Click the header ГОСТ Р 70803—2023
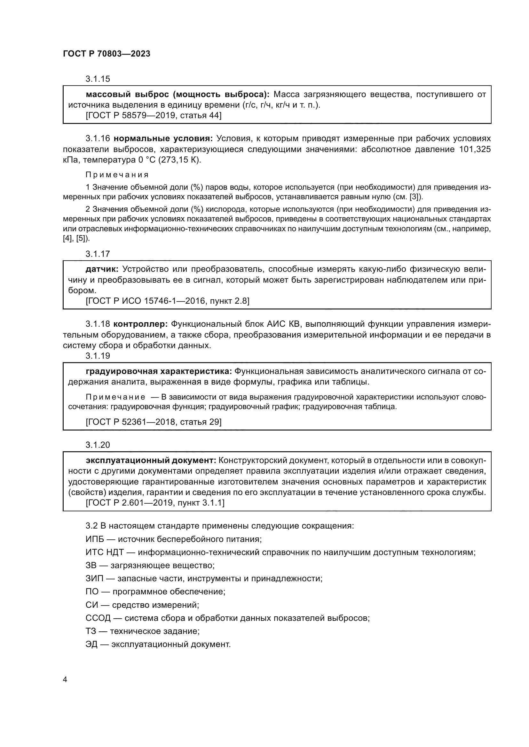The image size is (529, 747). coord(107,54)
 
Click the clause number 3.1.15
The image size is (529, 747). coord(98,79)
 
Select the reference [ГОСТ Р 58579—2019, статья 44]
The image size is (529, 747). coord(154,116)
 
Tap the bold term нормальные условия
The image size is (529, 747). coord(163,139)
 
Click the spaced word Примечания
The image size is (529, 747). coord(117,175)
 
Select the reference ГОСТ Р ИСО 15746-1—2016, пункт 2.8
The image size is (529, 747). coord(167,301)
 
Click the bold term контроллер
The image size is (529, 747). coord(140,324)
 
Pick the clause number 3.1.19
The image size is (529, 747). coord(98,356)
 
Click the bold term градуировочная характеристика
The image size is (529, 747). coord(159,371)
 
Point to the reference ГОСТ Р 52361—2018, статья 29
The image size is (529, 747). coord(154,422)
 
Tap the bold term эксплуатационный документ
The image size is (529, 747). coord(151,461)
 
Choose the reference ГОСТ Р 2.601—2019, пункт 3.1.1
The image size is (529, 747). coord(155,503)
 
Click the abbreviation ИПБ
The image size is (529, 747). coord(95,539)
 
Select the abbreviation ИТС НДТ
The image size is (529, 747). coord(109,553)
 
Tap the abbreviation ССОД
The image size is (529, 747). coord(98,618)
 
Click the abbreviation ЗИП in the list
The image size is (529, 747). coord(94,579)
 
